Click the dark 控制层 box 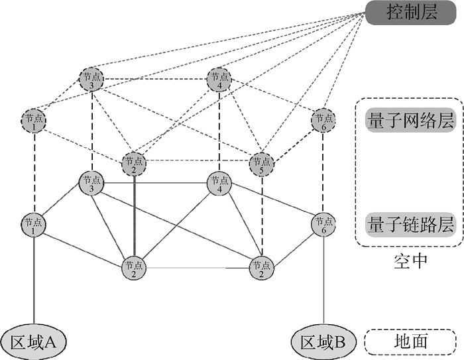(411, 13)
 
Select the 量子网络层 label (410, 120)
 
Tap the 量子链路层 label (410, 225)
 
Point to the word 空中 (410, 261)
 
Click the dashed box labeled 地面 (410, 341)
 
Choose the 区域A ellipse (33, 342)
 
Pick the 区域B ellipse (323, 342)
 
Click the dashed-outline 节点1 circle (34, 121)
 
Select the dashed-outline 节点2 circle (134, 164)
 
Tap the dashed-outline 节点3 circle (91, 80)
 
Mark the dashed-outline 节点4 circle (219, 80)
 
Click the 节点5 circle (262, 164)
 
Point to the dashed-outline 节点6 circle (323, 120)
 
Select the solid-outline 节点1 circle (33, 224)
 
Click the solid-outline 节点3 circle (91, 183)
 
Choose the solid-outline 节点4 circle (219, 183)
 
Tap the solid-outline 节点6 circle (323, 224)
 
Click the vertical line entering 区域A (34, 280)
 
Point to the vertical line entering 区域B (323, 280)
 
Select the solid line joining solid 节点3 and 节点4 (155, 183)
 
